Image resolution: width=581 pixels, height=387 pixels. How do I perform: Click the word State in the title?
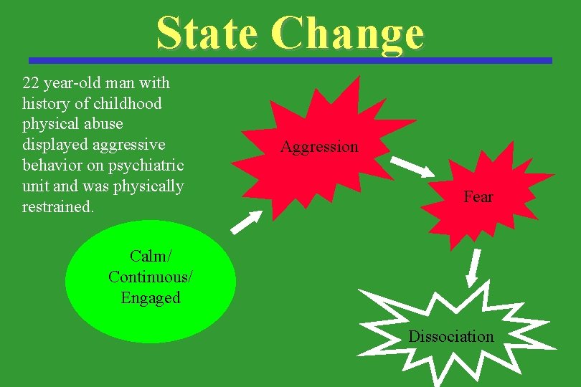207,33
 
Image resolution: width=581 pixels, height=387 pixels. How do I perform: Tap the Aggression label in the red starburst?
319,147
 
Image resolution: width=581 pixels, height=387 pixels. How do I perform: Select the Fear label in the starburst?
478,196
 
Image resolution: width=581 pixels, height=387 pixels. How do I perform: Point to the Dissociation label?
451,336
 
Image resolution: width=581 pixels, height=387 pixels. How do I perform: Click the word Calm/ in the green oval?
151,256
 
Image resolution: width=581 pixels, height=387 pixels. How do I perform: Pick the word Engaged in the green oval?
151,297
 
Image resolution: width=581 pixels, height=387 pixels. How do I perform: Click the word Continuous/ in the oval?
151,277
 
